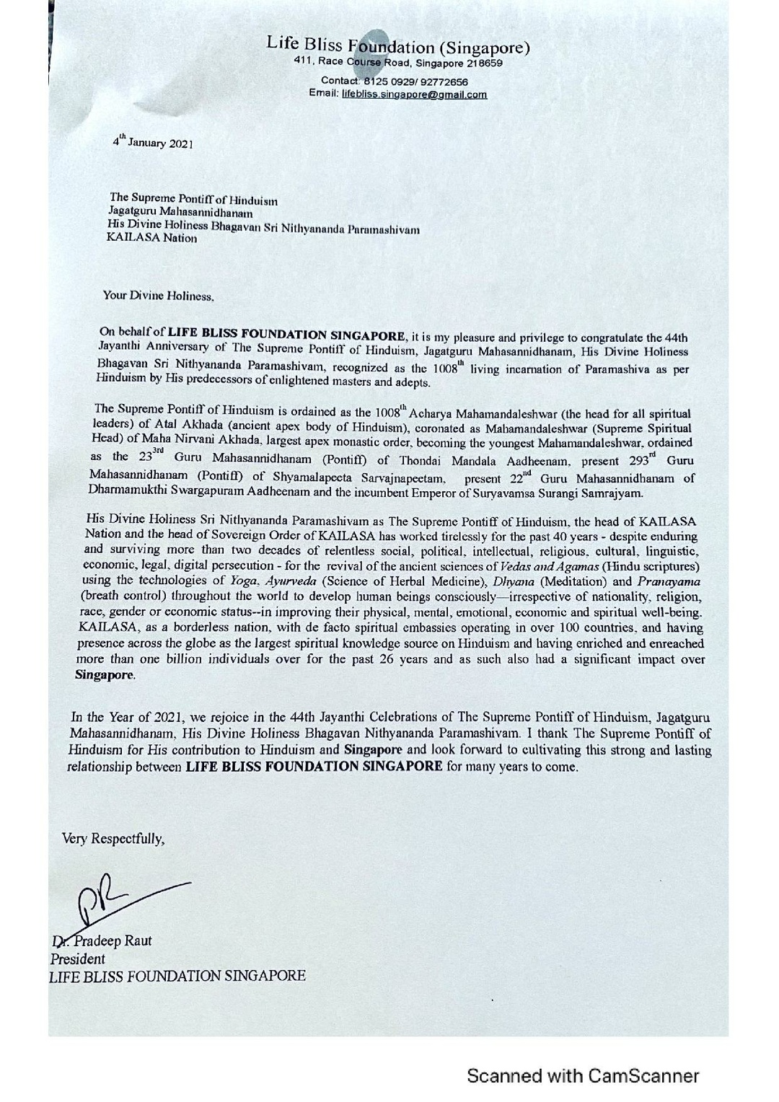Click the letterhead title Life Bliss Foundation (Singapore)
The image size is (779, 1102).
398,47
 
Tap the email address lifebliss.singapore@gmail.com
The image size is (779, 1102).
414,94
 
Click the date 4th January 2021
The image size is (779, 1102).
152,142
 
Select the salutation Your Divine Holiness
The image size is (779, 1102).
159,296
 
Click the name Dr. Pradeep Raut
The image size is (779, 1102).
102,940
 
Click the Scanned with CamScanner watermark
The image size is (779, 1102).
583,1076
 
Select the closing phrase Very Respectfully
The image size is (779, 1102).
113,838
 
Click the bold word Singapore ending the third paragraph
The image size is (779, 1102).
105,676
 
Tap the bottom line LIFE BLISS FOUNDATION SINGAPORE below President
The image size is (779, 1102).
177,976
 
